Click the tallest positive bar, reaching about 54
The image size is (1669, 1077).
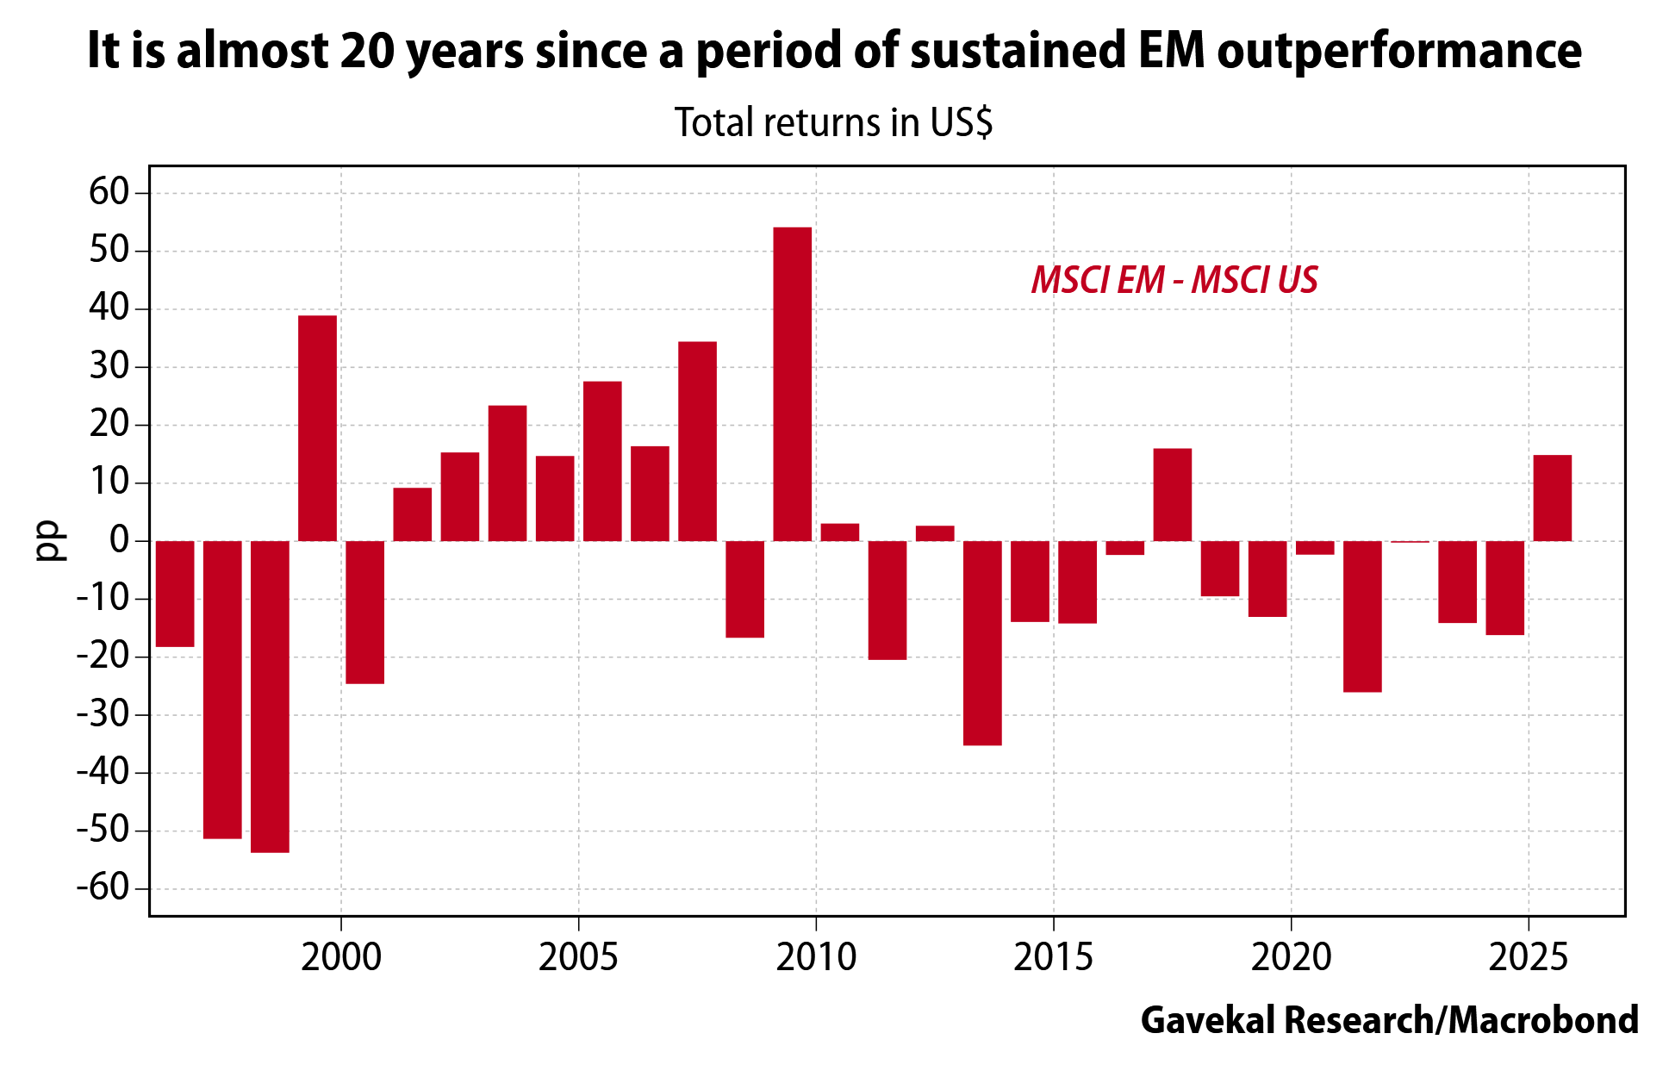[792, 383]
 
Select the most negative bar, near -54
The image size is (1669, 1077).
[270, 696]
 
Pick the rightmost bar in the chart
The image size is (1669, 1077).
[1552, 498]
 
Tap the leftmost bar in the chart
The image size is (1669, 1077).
[175, 594]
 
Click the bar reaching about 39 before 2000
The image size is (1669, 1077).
[317, 428]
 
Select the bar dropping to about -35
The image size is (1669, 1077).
[982, 643]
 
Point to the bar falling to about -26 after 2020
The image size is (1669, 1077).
[1362, 616]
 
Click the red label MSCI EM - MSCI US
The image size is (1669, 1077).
[1174, 280]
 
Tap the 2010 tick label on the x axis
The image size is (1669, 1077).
[816, 957]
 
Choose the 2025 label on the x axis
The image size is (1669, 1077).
[1528, 957]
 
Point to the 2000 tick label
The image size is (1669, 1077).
[341, 957]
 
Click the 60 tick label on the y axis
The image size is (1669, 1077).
[109, 192]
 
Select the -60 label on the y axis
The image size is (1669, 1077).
[101, 888]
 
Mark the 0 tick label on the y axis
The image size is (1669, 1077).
[119, 540]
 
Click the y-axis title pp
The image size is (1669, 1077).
[51, 541]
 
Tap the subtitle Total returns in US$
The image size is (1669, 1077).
[833, 122]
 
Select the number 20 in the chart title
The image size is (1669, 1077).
[368, 50]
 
